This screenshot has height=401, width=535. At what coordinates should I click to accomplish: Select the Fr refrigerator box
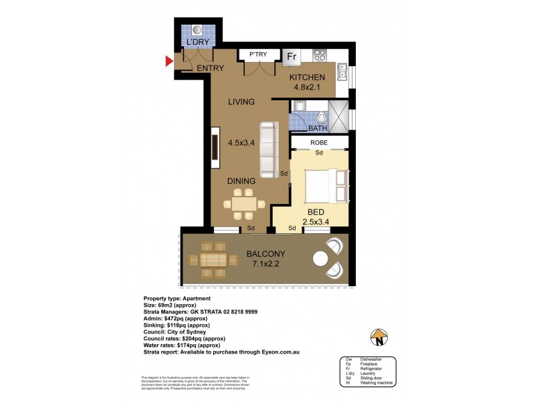[x=292, y=57]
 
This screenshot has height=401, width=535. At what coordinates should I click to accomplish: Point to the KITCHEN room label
[x=306, y=78]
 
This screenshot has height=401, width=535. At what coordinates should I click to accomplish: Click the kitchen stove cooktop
[x=317, y=56]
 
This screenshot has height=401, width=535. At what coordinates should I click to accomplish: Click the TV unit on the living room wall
[x=216, y=147]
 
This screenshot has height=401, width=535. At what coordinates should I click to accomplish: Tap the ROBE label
[x=318, y=142]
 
